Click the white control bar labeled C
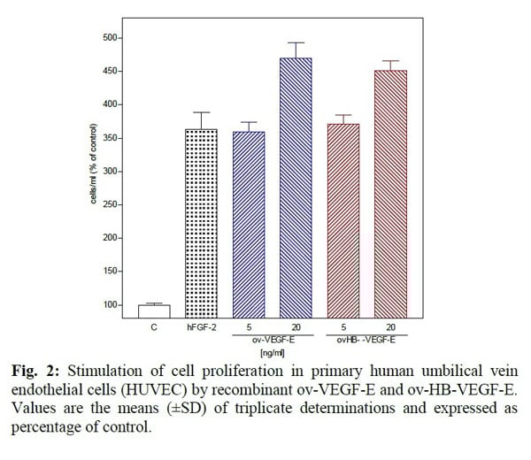pos(155,310)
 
